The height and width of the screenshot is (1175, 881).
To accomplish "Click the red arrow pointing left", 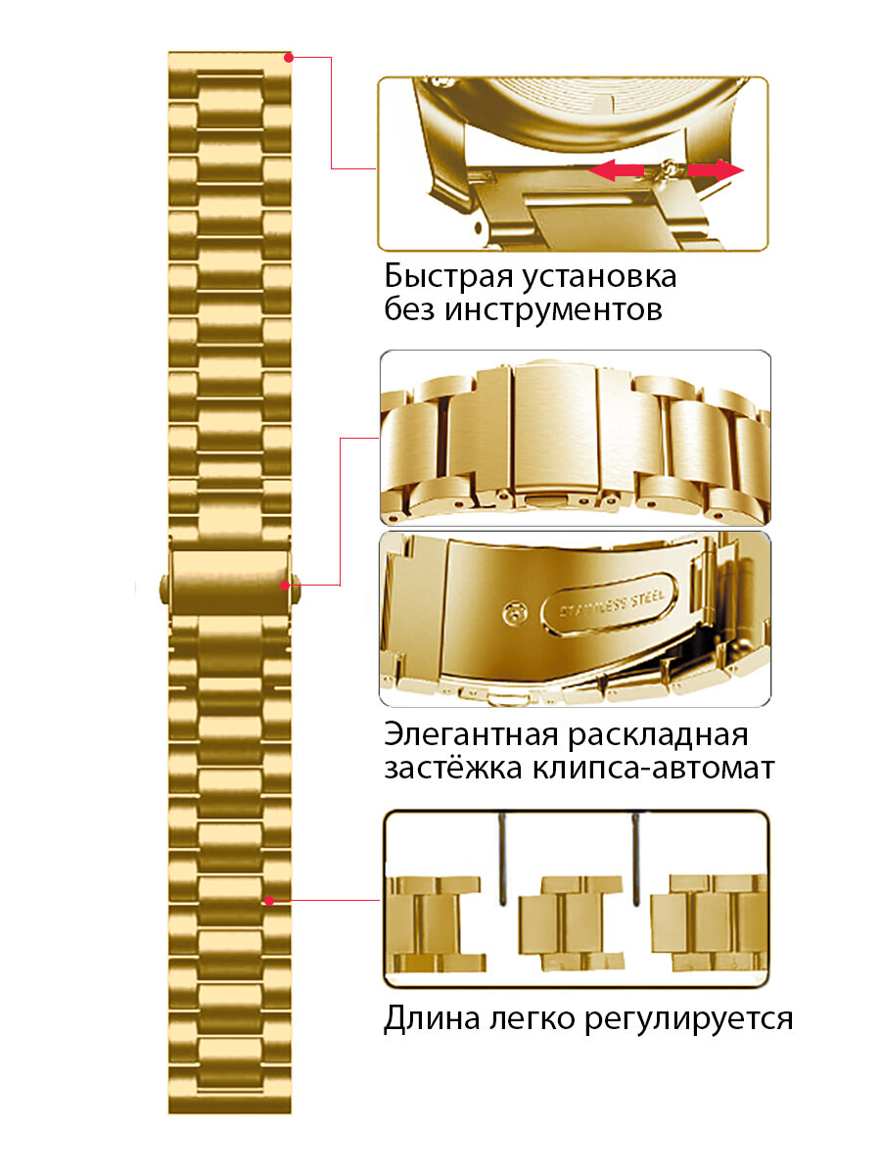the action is [615, 171].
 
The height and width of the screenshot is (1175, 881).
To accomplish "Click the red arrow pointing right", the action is [715, 170].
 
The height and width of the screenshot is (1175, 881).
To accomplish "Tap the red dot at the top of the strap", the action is [288, 58].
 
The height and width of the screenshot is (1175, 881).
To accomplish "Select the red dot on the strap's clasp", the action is [286, 586].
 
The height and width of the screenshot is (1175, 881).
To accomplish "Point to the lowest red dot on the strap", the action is [268, 899].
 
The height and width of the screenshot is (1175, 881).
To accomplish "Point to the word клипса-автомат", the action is [653, 768].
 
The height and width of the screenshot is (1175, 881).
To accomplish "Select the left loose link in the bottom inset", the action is [435, 922].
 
